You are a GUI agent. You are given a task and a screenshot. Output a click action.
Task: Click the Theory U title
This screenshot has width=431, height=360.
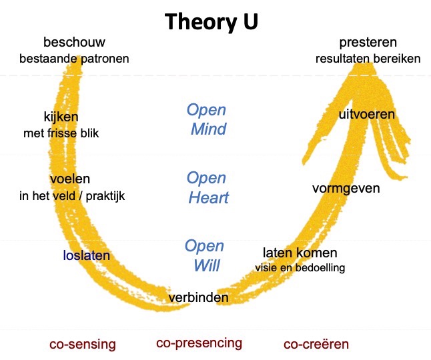pos(212,21)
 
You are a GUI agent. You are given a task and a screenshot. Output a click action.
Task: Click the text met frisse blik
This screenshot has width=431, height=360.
pos(61,133)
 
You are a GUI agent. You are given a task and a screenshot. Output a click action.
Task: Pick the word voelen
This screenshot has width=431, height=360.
pos(70,180)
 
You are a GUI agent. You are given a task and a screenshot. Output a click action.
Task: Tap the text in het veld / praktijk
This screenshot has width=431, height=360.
pos(72,196)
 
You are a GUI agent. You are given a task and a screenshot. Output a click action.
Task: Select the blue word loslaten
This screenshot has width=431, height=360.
pos(86,255)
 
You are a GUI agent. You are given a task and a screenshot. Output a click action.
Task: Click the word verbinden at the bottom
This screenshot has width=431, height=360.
pos(198,297)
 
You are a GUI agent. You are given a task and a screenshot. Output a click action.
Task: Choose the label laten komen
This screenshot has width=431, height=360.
pos(300,253)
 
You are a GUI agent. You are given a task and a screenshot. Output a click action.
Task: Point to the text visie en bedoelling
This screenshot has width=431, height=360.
pos(300,268)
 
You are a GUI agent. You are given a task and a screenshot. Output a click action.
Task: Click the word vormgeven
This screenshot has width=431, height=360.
pos(346,188)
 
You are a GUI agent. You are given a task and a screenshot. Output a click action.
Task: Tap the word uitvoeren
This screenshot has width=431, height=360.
pos(366,115)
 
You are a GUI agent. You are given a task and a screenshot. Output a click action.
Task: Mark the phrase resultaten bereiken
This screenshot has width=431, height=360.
pos(368,59)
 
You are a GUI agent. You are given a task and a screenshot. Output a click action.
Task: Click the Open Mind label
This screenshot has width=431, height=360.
pos(207,119)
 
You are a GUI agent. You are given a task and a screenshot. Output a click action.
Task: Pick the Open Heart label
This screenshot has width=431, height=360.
pos(207,188)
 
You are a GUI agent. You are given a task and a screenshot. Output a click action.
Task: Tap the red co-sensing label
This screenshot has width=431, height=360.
pos(83,345)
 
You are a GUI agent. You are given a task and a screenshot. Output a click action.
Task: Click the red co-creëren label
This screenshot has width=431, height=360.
pos(316,345)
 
